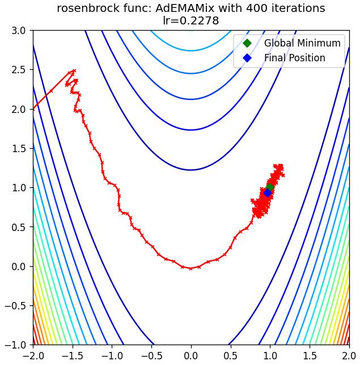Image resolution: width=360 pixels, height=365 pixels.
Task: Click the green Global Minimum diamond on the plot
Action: pyautogui.click(x=270, y=187)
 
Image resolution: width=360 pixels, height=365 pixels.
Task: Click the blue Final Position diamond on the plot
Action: pyautogui.click(x=268, y=193)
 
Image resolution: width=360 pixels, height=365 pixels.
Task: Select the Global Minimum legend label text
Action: pyautogui.click(x=302, y=43)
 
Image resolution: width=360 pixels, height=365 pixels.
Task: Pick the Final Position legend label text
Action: pyautogui.click(x=295, y=58)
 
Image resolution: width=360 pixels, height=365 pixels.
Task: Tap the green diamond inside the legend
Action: pyautogui.click(x=247, y=43)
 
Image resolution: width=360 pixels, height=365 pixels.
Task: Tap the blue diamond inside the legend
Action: pyautogui.click(x=247, y=58)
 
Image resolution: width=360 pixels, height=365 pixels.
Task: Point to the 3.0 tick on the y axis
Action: pyautogui.click(x=19, y=31)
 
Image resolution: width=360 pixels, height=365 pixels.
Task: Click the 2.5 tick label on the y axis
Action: pyautogui.click(x=19, y=70)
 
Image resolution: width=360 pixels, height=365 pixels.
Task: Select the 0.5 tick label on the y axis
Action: pyautogui.click(x=19, y=227)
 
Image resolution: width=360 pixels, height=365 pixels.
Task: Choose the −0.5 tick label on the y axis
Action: pyautogui.click(x=15, y=305)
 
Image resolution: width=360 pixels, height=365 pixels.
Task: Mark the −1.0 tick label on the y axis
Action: pyautogui.click(x=15, y=345)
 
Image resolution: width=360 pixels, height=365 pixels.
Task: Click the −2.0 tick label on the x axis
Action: pyautogui.click(x=33, y=356)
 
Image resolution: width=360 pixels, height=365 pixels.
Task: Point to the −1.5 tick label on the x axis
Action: pyautogui.click(x=73, y=356)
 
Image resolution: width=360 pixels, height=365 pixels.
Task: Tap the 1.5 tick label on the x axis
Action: pyautogui.click(x=310, y=356)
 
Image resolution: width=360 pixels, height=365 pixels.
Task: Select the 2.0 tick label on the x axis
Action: pyautogui.click(x=349, y=356)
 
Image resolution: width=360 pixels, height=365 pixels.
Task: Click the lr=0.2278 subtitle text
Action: pyautogui.click(x=191, y=20)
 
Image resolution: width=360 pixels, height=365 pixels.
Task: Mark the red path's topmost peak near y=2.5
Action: pyautogui.click(x=74, y=70)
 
